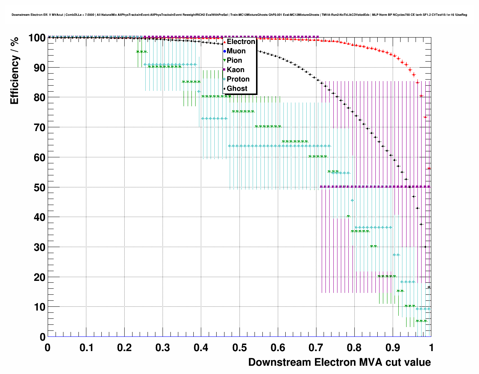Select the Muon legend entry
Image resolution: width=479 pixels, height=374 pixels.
click(236, 51)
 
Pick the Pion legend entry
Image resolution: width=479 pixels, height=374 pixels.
click(234, 60)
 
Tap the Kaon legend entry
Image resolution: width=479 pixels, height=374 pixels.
click(235, 70)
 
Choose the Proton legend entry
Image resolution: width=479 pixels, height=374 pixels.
click(238, 79)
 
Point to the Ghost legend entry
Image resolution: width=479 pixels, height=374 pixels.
click(237, 89)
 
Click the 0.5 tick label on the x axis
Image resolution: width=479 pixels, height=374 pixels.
click(239, 348)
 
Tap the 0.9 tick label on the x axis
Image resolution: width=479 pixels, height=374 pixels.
click(393, 348)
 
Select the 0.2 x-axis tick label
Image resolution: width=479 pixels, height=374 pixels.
click(124, 348)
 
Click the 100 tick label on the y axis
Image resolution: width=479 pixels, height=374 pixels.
click(37, 38)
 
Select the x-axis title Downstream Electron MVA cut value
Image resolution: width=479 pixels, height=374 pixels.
click(339, 362)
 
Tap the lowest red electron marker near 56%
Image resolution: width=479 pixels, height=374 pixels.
click(429, 168)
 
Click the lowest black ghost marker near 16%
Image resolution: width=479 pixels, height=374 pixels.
click(429, 287)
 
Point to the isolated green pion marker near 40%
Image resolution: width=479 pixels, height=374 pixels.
click(348, 216)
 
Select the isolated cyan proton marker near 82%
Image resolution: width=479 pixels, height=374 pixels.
click(199, 91)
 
